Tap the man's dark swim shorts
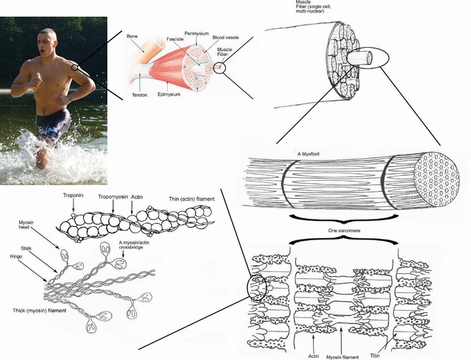click(53, 125)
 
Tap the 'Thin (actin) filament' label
click(191, 199)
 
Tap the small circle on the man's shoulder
click(74, 67)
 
